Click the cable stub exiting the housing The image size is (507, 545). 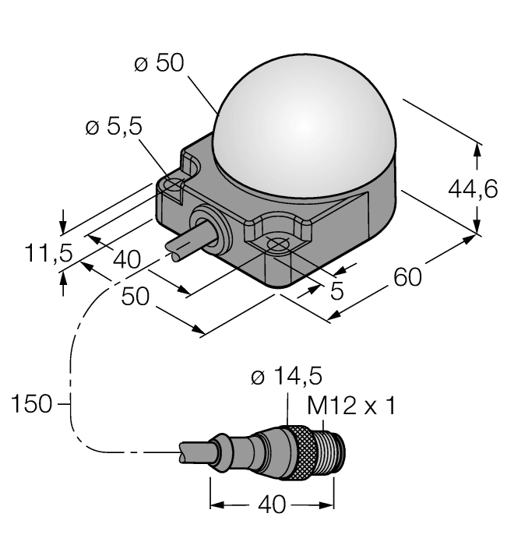(x=185, y=244)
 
